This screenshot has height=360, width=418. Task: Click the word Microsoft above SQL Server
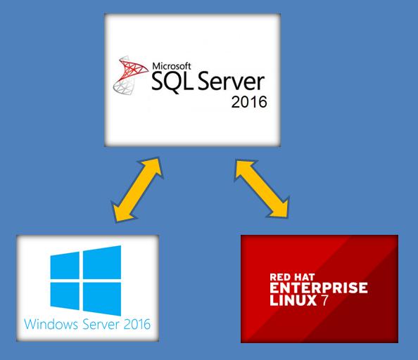[x=172, y=66]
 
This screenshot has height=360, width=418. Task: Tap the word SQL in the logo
[x=172, y=82]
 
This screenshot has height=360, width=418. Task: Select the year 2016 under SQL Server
[x=249, y=102]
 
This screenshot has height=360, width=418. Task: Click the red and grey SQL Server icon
[x=130, y=75]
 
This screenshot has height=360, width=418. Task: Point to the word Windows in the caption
[x=51, y=324]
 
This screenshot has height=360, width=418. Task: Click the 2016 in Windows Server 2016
[x=137, y=324]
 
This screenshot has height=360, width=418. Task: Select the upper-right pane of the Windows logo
[x=102, y=262]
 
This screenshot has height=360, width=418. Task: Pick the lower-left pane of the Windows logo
[x=65, y=296]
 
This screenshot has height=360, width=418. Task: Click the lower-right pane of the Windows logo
[x=102, y=299]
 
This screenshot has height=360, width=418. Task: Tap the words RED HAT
[x=292, y=277]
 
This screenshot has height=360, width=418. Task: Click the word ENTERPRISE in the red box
[x=319, y=288]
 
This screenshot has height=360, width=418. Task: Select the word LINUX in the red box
[x=293, y=300]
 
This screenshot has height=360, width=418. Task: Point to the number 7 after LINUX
[x=324, y=300]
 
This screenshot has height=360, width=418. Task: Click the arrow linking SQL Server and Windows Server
[x=137, y=190]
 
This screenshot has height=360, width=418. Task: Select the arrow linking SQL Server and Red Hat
[x=262, y=188]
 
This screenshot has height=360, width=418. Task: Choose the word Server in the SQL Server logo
[x=231, y=82]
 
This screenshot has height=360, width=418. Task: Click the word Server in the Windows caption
[x=101, y=324]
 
